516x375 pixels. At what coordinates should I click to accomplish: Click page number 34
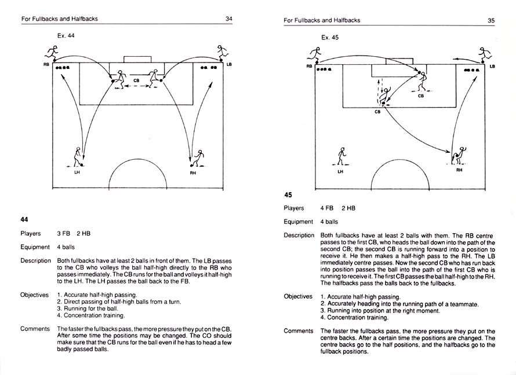[x=228, y=19]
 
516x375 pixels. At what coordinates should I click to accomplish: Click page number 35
[x=491, y=20]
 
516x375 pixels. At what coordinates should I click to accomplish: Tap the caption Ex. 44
[x=66, y=35]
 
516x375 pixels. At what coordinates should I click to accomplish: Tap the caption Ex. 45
[x=330, y=38]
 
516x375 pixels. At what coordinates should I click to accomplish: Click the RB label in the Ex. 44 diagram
[x=46, y=65]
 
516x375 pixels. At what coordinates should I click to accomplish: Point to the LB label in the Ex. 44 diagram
[x=229, y=65]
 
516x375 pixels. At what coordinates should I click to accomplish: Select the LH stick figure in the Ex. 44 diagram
[x=78, y=157]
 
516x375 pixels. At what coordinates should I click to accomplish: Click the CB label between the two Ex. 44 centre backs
[x=137, y=80]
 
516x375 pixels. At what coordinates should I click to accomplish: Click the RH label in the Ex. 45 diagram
[x=459, y=170]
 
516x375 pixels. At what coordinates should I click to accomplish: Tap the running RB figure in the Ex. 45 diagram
[x=317, y=54]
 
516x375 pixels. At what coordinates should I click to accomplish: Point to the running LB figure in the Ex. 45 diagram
[x=484, y=55]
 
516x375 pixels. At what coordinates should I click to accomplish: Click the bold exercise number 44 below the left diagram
[x=24, y=219]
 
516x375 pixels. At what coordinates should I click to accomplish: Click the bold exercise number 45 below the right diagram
[x=288, y=195]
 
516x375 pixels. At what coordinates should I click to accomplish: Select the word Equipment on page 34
[x=35, y=247]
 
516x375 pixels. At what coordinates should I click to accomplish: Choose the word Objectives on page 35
[x=298, y=296]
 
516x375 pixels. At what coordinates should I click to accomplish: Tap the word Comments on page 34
[x=35, y=329]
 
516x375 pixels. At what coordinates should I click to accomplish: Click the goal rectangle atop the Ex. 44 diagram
[x=137, y=60]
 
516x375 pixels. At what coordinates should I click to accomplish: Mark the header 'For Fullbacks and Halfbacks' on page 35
[x=322, y=20]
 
